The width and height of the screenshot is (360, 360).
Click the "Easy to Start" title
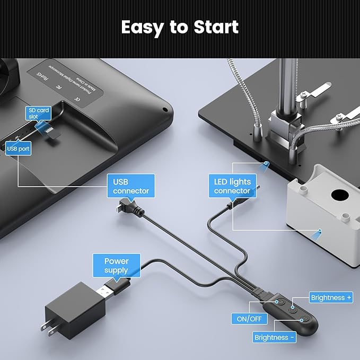(180, 27)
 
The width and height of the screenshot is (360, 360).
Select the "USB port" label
(18, 150)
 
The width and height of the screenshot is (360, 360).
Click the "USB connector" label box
(130, 186)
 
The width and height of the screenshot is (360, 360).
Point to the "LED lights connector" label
(232, 186)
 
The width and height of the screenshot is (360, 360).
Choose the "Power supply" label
(116, 266)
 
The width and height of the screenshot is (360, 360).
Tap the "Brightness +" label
(331, 298)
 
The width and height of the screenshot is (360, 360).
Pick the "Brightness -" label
(274, 337)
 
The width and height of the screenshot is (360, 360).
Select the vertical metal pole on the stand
(289, 85)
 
